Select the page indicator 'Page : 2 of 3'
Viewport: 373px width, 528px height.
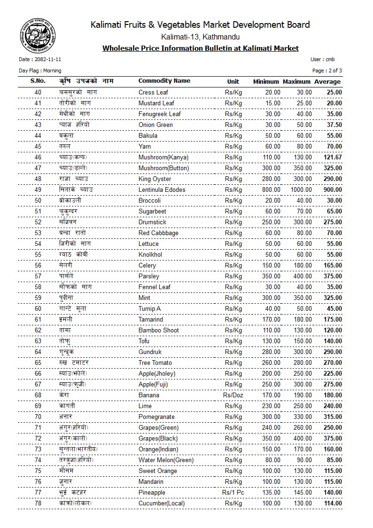coord(327,71)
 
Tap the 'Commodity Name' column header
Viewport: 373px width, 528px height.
coord(164,81)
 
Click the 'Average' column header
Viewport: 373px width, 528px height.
coord(327,82)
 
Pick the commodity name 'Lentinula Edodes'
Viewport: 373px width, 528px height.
coord(162,189)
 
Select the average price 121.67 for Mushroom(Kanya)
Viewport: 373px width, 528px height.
coord(332,157)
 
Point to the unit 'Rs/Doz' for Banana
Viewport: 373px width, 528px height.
coord(233,395)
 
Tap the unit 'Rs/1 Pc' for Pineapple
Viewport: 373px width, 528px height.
coord(233,492)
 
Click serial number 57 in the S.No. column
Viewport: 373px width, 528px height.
coord(38,276)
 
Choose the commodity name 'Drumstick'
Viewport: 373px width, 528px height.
coord(152,222)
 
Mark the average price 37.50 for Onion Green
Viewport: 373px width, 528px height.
coord(334,125)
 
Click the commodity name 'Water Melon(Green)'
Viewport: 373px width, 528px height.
coord(166,460)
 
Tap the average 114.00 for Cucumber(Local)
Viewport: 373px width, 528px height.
coord(332,503)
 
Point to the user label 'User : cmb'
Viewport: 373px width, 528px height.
coord(323,60)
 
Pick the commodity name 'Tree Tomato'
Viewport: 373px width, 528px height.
coord(155,363)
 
